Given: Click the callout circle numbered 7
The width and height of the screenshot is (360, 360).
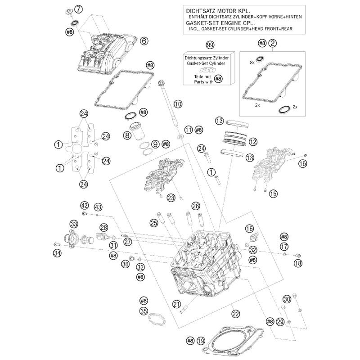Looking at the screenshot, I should [x=79, y=8].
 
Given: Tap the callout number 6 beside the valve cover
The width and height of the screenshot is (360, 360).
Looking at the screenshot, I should [x=144, y=41].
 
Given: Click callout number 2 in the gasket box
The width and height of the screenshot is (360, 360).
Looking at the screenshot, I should [x=273, y=43].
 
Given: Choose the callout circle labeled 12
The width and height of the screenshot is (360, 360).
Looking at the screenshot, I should [x=253, y=142].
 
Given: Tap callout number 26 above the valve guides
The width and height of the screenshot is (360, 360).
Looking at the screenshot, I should [x=195, y=206].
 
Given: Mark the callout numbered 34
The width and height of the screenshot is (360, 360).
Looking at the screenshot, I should [x=56, y=253].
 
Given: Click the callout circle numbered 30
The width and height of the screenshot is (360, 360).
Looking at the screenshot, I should [x=287, y=299].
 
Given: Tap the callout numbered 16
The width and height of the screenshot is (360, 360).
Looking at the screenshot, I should [x=249, y=229].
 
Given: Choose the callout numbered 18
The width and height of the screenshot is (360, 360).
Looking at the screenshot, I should [x=298, y=263].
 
